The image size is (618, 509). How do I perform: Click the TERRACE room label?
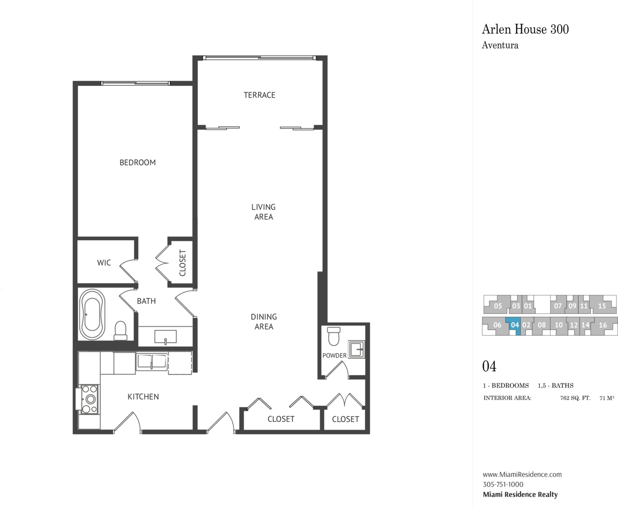pos(259,95)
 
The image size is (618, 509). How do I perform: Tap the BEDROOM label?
pos(138,163)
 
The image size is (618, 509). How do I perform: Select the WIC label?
pos(104,262)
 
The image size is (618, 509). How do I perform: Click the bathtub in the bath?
pos(92,314)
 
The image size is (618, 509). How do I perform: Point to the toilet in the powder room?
pos(334,336)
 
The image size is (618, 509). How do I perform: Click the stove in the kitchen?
pos(89,399)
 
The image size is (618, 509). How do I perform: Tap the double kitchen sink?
pos(152,362)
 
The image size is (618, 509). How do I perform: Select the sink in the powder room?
pos(356,349)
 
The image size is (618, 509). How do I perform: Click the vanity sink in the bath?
pos(165,337)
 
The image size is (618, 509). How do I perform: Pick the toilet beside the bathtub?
pos(120,331)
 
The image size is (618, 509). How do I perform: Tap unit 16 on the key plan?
pos(603,325)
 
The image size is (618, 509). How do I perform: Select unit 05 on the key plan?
pos(498,306)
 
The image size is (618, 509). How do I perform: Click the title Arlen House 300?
pos(525,29)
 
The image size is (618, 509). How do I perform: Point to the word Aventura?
pos(500,45)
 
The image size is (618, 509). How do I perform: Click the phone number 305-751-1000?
pos(503,485)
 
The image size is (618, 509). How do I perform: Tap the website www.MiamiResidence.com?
pos(522,475)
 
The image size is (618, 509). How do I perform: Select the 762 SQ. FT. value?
pos(575,398)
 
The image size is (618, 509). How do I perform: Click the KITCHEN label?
pos(143,397)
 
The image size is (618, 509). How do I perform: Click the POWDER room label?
pos(334,355)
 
